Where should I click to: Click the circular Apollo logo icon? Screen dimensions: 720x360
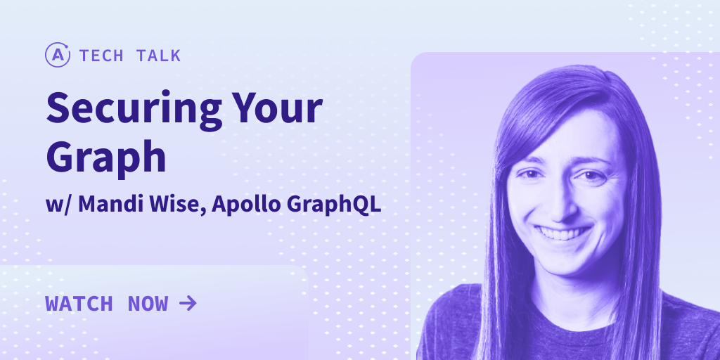coord(58,55)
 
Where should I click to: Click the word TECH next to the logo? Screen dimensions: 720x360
coord(101,56)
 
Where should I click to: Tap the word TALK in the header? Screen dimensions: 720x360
coord(158,56)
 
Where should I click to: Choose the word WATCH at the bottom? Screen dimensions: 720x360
coord(79,304)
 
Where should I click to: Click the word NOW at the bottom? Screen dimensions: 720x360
coord(148,304)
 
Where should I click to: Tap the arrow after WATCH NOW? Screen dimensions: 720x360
coord(188,303)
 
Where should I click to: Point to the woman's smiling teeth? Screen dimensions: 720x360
coord(563,233)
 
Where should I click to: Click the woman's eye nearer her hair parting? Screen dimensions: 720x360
coord(592,175)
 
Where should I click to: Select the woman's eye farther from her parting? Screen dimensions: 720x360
coord(531,174)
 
